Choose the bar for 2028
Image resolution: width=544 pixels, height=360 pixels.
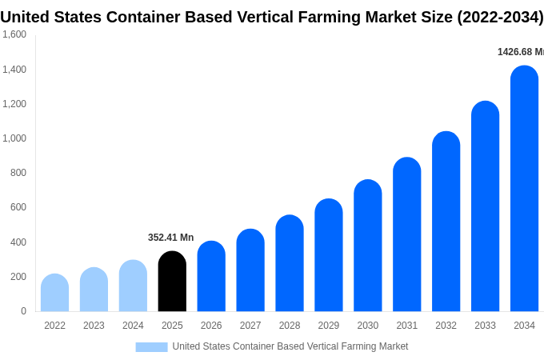[x=290, y=263]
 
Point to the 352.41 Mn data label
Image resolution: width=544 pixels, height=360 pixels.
[x=170, y=238]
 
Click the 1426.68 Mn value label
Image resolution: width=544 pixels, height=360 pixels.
[x=520, y=52]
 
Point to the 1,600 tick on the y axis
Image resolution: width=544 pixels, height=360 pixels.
[x=14, y=34]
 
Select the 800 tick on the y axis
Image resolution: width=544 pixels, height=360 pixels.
[x=18, y=173]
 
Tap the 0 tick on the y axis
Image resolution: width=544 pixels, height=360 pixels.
[x=23, y=311]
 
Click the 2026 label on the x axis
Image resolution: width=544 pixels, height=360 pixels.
[x=211, y=326]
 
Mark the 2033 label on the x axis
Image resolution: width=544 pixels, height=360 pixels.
[x=485, y=326]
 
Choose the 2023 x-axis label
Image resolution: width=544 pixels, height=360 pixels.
[x=94, y=326]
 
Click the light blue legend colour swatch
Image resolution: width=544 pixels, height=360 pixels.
[x=151, y=347]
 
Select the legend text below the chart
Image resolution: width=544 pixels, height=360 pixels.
[x=290, y=346]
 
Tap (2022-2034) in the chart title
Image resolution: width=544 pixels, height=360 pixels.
[x=500, y=17]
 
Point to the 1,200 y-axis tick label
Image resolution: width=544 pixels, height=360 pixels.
[x=14, y=104]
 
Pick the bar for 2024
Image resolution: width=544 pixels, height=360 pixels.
[x=133, y=286]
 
